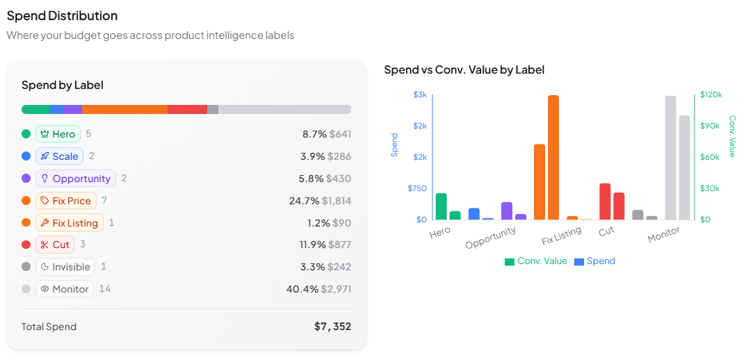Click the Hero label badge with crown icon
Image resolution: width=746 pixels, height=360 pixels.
click(58, 134)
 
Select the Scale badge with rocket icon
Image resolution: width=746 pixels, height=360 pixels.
click(59, 156)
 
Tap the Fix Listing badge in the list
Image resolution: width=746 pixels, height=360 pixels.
click(70, 223)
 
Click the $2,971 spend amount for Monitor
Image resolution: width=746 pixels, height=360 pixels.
click(336, 289)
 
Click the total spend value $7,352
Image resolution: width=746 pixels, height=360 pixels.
click(332, 327)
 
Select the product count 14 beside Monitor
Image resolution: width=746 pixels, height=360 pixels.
click(104, 288)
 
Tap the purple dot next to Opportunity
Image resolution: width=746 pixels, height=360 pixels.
click(26, 179)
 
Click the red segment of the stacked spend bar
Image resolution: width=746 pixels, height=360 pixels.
click(187, 109)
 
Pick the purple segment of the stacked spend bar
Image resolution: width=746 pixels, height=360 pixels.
click(73, 109)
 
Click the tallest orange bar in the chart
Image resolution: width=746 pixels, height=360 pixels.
click(553, 158)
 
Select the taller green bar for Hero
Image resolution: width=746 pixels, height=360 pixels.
click(441, 206)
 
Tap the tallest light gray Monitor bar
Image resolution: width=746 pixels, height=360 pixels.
click(670, 158)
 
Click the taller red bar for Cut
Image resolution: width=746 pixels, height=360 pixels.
click(605, 202)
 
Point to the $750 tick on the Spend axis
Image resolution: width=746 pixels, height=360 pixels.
click(417, 188)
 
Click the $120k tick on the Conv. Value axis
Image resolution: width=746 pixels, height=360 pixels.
click(711, 95)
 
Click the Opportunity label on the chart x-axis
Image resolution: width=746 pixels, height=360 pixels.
click(491, 237)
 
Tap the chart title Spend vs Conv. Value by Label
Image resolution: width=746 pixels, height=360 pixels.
click(464, 69)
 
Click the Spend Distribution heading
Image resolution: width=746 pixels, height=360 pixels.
click(62, 15)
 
